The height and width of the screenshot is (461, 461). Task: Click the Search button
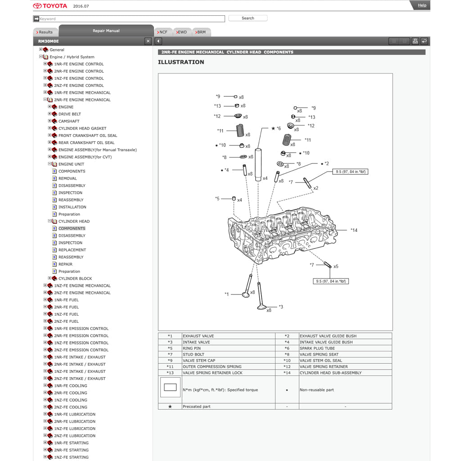[x=248, y=18]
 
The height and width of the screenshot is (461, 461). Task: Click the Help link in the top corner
[x=422, y=5]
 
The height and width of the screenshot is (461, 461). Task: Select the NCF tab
[x=163, y=32]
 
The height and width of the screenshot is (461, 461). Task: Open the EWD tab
[x=181, y=32]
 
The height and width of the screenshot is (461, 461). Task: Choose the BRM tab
[x=201, y=32]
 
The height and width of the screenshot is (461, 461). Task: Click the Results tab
[x=45, y=32]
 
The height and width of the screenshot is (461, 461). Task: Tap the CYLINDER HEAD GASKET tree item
[x=82, y=128]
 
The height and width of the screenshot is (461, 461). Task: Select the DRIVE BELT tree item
[x=70, y=114]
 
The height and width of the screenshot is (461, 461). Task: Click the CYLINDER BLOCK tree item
[x=75, y=279]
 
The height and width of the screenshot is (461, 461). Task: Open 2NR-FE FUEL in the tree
[x=66, y=307]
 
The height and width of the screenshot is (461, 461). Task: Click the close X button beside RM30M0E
[x=148, y=41]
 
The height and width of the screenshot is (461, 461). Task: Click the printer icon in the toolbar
[x=415, y=41]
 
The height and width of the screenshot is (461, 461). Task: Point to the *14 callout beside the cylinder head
[x=354, y=230]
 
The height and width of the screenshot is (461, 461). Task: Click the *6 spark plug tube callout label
[x=278, y=129]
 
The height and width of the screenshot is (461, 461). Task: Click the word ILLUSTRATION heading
[x=181, y=62]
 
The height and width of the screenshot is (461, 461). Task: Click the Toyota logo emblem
[x=37, y=6]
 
